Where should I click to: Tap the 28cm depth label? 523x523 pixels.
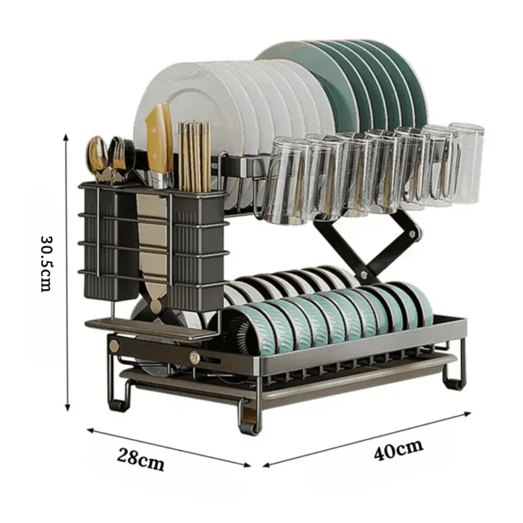click(140, 459)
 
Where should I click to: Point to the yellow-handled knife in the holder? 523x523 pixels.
click(160, 143)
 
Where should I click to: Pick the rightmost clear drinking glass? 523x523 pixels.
click(466, 163)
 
